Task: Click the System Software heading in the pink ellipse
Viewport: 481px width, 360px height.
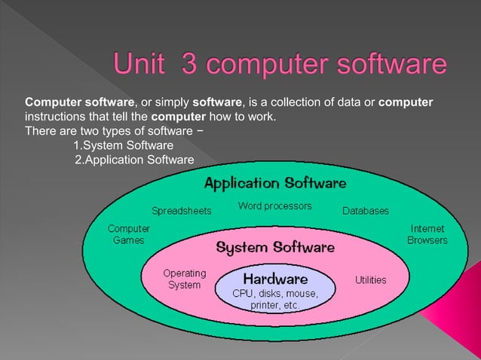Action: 275,246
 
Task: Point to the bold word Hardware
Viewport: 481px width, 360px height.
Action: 274,278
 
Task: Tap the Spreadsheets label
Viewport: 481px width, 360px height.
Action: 182,211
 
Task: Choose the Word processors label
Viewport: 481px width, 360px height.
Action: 274,206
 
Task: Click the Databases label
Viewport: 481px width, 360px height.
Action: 366,211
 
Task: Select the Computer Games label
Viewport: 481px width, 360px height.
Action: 128,234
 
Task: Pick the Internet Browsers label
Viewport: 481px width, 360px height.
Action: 427,234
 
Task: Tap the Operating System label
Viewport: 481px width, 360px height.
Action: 185,279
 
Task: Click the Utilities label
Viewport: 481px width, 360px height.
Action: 371,279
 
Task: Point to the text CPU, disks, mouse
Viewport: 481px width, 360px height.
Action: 274,293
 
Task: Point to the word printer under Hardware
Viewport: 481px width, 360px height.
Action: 265,307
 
